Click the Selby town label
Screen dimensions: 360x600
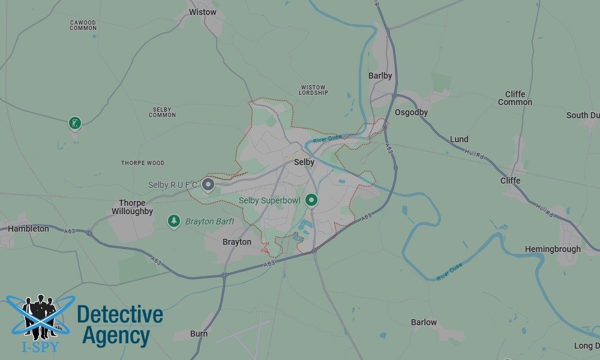(x=304, y=162)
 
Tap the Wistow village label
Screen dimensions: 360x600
(x=202, y=12)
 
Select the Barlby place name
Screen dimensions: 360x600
(x=380, y=76)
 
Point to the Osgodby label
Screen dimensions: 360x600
(x=411, y=112)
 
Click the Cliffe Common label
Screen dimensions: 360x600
(x=515, y=98)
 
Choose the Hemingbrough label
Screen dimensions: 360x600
(x=553, y=249)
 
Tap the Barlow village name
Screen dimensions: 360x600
(x=424, y=322)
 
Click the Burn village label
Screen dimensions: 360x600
(x=199, y=334)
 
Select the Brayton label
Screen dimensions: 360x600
(x=237, y=242)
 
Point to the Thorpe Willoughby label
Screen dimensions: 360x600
(x=132, y=207)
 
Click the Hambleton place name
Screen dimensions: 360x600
(x=28, y=229)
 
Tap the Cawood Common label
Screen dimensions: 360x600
(x=83, y=25)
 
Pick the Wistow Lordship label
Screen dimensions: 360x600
(x=314, y=90)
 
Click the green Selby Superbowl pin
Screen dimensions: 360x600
(x=311, y=200)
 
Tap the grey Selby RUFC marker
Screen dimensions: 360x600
(x=208, y=184)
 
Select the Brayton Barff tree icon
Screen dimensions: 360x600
(x=174, y=221)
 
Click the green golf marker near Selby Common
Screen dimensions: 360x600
(x=74, y=123)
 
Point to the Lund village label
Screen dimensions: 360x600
(x=459, y=139)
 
